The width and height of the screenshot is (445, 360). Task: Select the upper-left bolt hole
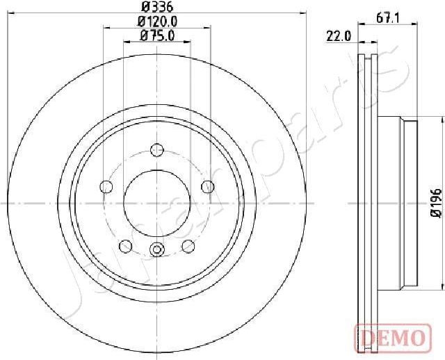pos(106,186)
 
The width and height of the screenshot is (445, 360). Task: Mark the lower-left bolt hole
pos(126,246)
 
